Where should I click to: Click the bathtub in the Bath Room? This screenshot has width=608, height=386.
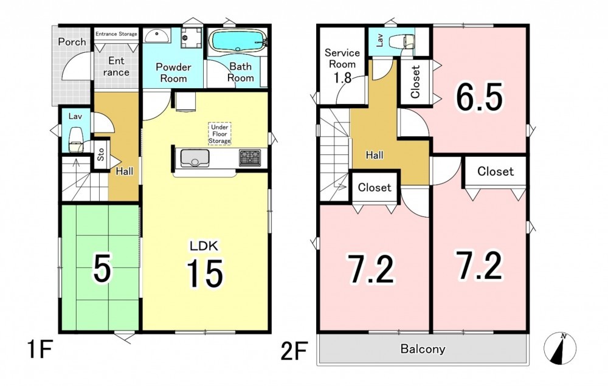[237, 40]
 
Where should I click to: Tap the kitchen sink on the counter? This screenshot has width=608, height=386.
[195, 158]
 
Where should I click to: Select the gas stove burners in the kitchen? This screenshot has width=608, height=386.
[250, 157]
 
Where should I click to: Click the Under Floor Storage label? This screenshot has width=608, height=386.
[220, 134]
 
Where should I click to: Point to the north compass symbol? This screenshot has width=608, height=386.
[560, 348]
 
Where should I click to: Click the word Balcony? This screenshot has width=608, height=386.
[423, 349]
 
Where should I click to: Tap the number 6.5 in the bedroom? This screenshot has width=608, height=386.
[479, 97]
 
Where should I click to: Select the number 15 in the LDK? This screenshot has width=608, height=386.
[205, 273]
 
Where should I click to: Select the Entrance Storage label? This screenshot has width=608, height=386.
[116, 33]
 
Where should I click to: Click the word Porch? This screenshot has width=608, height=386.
[72, 42]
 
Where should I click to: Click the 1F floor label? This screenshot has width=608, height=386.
[40, 350]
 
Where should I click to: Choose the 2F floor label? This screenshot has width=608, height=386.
[294, 350]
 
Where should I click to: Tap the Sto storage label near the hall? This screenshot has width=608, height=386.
[101, 154]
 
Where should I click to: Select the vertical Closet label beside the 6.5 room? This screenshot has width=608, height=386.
[415, 82]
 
